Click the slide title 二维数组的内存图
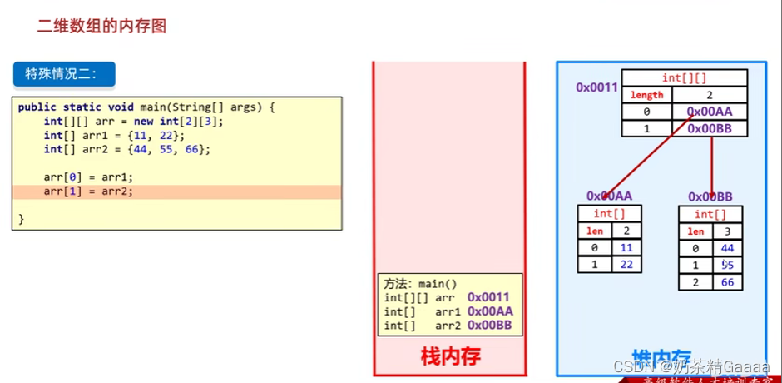tap(101, 26)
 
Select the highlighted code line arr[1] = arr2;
tap(88, 191)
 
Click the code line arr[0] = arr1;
tap(88, 177)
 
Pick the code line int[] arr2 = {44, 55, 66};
tap(127, 149)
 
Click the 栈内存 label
tap(450, 356)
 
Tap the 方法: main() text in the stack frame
tap(421, 283)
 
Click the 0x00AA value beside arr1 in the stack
tap(495, 311)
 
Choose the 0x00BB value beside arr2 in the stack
tap(495, 325)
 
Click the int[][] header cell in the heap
tap(684, 78)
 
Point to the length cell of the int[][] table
tap(647, 95)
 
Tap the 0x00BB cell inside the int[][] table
tap(710, 128)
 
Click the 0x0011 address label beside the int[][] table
tap(596, 87)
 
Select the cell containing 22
tap(626, 265)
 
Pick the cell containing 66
tap(727, 282)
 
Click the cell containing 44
tap(727, 248)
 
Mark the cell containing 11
tap(626, 248)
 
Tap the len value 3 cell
tap(727, 231)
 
